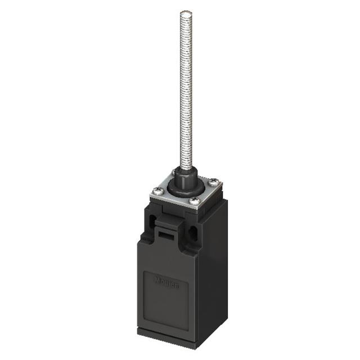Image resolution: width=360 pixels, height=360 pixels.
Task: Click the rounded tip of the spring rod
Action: tap(185, 13)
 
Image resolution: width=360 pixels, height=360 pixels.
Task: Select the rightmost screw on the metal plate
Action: tap(214, 182)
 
